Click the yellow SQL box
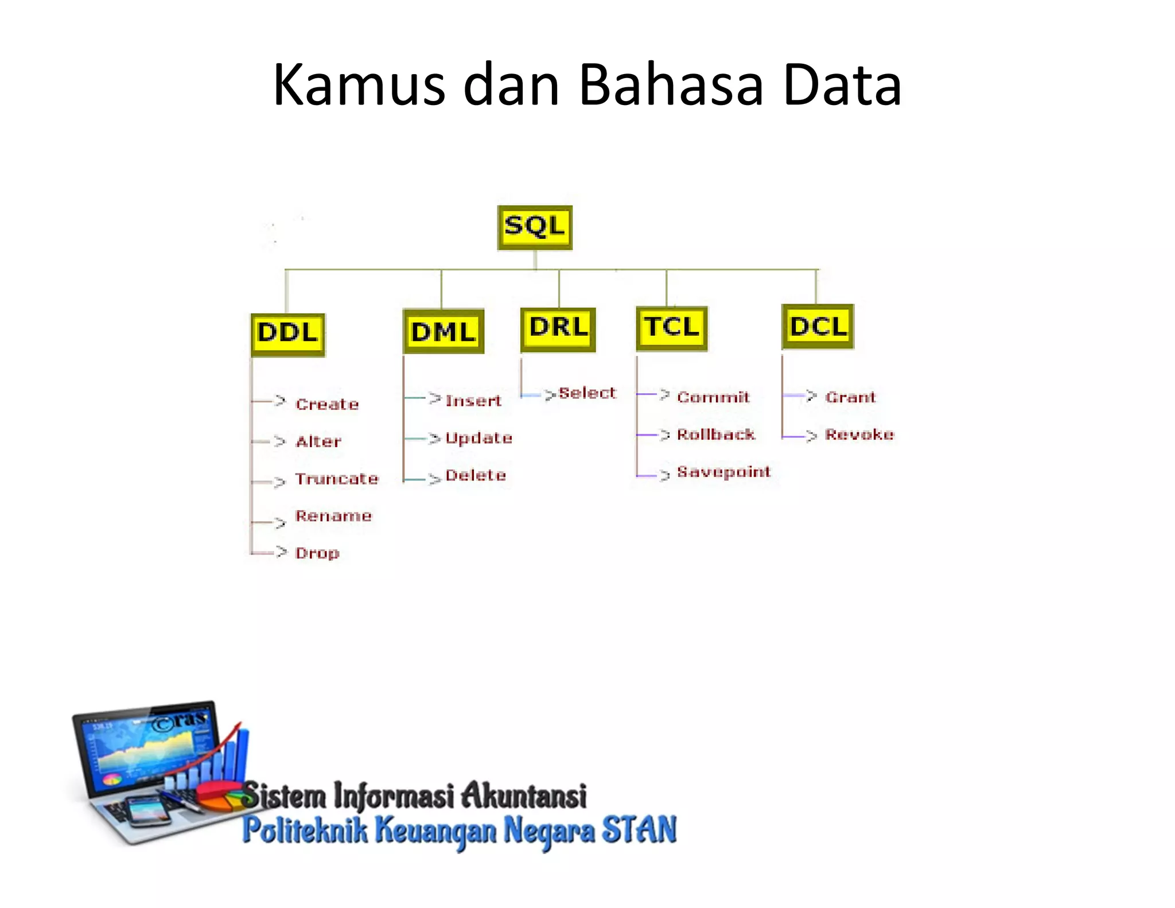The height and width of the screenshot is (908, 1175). click(535, 227)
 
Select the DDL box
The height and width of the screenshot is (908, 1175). click(288, 334)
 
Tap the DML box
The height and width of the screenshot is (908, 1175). click(443, 332)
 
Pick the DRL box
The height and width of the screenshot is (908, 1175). click(558, 329)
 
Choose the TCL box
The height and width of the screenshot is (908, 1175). click(671, 328)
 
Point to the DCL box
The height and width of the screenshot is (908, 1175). click(818, 327)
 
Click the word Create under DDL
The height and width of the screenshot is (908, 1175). click(327, 404)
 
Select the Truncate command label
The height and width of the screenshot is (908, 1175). click(337, 479)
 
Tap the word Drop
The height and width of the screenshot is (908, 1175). click(317, 553)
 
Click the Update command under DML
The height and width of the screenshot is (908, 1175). click(478, 439)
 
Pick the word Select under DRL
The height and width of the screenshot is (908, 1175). click(587, 393)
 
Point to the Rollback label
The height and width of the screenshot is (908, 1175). click(715, 434)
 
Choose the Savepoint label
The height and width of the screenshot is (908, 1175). click(723, 472)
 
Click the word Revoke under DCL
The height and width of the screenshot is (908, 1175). click(859, 434)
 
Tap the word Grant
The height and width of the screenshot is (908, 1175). click(850, 397)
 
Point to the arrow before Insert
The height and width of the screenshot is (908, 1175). click(434, 398)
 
